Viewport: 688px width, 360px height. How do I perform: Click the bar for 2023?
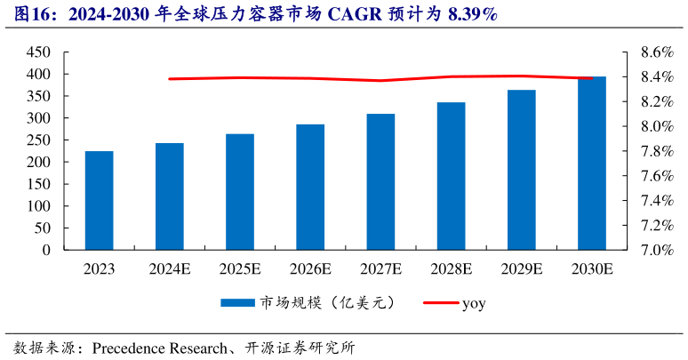point(99,201)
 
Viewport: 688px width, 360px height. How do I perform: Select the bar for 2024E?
point(169,196)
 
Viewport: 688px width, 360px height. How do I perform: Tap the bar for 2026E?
point(310,188)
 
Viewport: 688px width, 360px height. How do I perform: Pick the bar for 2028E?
point(451,176)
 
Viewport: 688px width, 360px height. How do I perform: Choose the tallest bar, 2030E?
point(591,164)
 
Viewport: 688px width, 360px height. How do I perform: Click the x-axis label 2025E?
point(239,268)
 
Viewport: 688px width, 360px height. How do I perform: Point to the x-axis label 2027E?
point(380,268)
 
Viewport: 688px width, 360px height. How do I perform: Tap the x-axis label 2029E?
point(521,268)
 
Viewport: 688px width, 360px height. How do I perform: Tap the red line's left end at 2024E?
point(170,79)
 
